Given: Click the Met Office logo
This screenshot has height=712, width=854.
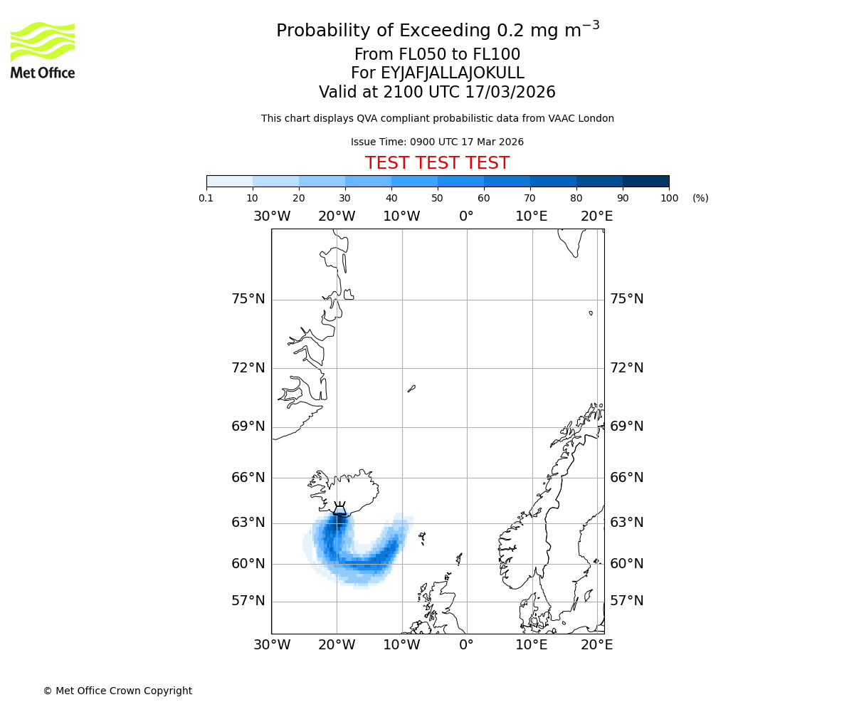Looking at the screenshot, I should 43,50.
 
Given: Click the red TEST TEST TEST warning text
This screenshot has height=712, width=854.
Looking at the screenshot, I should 437,163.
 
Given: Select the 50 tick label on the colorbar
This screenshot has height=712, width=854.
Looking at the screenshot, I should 438,198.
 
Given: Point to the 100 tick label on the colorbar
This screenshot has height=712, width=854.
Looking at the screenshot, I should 669,198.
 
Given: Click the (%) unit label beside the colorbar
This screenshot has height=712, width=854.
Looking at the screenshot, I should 700,198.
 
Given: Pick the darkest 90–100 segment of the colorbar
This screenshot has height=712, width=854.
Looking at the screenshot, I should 645,181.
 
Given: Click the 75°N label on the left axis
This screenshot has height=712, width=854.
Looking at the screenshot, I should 248,299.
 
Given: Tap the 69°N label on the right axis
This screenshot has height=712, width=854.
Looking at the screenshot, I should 626,426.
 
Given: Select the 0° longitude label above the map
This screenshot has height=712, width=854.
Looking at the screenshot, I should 466,216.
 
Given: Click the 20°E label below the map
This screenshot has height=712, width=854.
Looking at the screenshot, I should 596,645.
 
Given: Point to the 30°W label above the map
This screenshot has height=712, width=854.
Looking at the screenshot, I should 271,216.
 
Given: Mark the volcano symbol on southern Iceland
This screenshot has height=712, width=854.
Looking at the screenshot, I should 340,508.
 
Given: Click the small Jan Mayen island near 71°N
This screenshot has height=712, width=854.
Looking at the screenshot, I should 411,389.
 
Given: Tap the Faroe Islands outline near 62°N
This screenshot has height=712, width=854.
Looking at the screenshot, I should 422,538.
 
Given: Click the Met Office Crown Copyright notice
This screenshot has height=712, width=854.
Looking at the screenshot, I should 117,691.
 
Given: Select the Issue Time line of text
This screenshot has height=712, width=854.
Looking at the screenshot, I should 437,142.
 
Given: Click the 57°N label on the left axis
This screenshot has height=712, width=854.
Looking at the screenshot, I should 248,601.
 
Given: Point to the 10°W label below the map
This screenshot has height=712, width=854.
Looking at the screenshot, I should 401,645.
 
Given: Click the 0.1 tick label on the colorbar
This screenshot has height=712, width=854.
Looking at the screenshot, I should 206,198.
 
